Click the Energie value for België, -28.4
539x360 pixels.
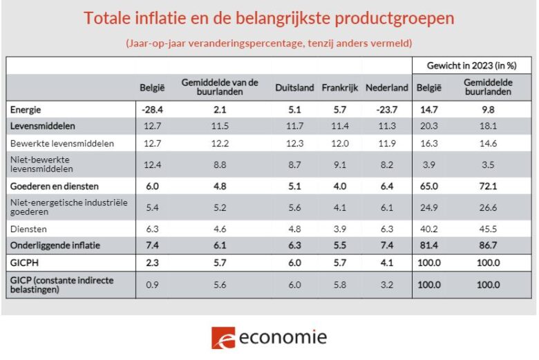[151, 109]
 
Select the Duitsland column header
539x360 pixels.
[294, 88]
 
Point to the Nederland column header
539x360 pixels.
[386, 88]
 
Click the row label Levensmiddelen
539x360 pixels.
[42, 126]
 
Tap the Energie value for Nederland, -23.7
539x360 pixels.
[386, 109]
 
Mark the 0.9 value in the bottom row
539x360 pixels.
[151, 285]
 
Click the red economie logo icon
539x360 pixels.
[223, 338]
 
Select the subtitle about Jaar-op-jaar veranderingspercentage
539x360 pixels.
[269, 43]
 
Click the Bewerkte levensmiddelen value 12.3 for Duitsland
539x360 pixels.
[294, 144]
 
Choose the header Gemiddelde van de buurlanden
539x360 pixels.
[220, 87]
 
